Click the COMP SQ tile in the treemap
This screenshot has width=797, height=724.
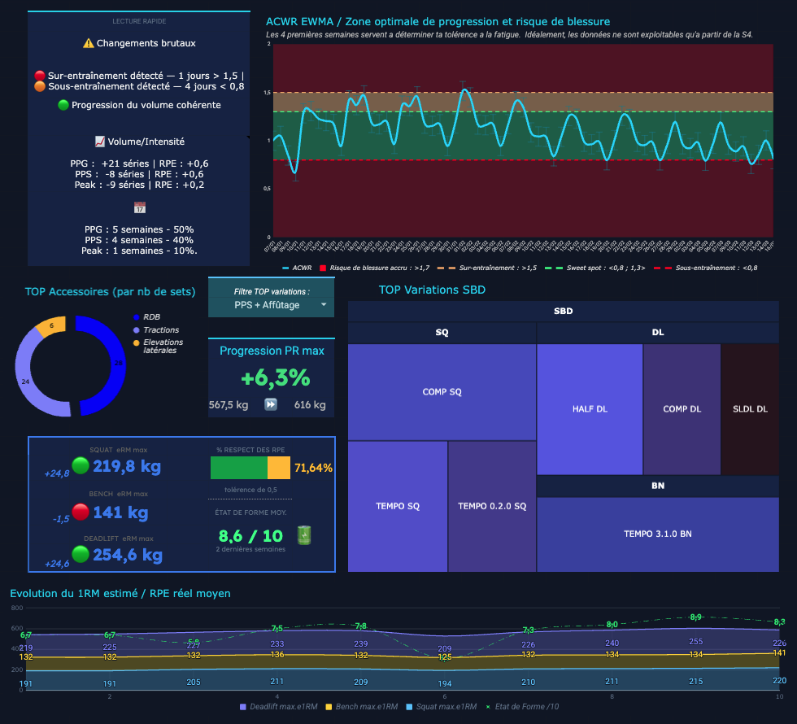click(442, 392)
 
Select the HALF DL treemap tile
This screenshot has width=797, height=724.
click(590, 408)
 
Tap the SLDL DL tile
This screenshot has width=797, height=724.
click(750, 408)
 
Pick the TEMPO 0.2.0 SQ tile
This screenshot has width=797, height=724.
click(492, 506)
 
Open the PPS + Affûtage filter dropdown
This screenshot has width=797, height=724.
click(271, 305)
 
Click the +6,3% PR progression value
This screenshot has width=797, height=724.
click(275, 377)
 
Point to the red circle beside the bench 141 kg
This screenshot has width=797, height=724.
click(81, 512)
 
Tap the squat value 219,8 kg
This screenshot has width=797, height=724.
click(127, 467)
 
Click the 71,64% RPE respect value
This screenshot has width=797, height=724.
click(313, 468)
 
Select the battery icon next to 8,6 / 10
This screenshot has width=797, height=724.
click(304, 534)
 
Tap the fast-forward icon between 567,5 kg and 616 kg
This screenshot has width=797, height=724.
click(271, 404)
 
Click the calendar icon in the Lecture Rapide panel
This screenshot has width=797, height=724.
click(139, 207)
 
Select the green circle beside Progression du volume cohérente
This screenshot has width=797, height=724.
click(63, 105)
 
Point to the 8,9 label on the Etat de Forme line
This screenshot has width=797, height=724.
click(695, 617)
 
